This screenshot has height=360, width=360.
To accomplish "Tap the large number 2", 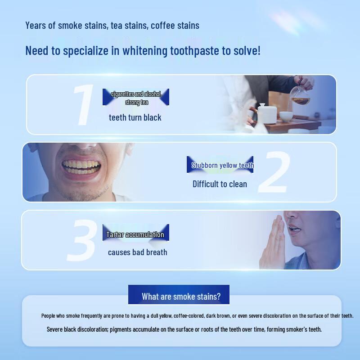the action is coord(274,172).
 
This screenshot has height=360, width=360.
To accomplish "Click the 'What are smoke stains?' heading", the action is coord(181,297).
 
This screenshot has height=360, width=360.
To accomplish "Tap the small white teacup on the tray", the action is coord(286,116).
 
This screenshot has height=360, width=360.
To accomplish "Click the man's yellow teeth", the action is coord(81,166).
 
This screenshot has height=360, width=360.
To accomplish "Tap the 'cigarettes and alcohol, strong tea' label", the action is coord(136,97).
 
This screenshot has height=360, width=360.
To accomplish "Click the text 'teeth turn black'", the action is coord(135,117).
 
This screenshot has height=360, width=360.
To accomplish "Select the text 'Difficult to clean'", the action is coord(220,184).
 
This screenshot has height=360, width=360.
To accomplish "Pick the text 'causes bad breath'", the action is coord(138,252).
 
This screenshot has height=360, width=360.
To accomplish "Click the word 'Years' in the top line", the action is coord(36,26).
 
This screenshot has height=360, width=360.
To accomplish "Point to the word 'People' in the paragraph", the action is coord(48,316).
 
